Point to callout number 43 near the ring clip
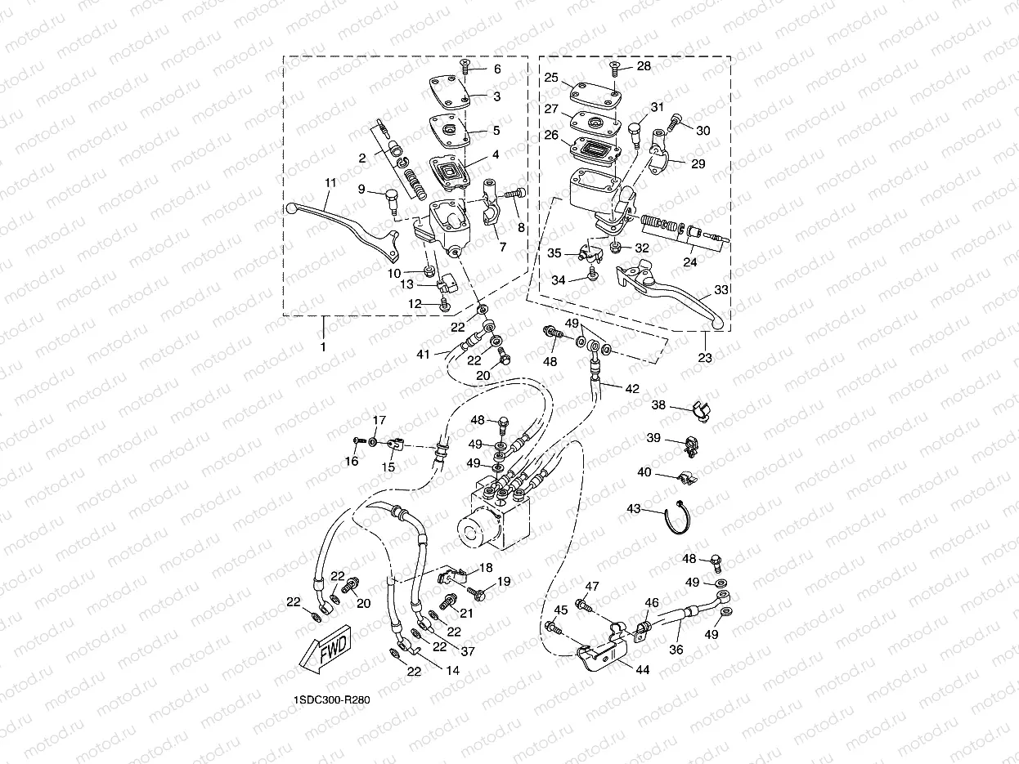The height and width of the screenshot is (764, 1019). point(633,508)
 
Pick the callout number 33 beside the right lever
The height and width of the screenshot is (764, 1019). point(720,288)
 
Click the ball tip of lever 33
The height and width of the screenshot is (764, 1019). point(719,324)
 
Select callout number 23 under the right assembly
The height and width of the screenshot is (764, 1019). point(705,357)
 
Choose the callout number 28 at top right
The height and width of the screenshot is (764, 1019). point(644,66)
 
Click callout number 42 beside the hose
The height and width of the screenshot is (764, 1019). point(632,390)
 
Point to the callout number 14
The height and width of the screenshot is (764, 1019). point(452,670)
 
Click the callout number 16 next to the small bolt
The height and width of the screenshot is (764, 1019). point(352,462)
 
